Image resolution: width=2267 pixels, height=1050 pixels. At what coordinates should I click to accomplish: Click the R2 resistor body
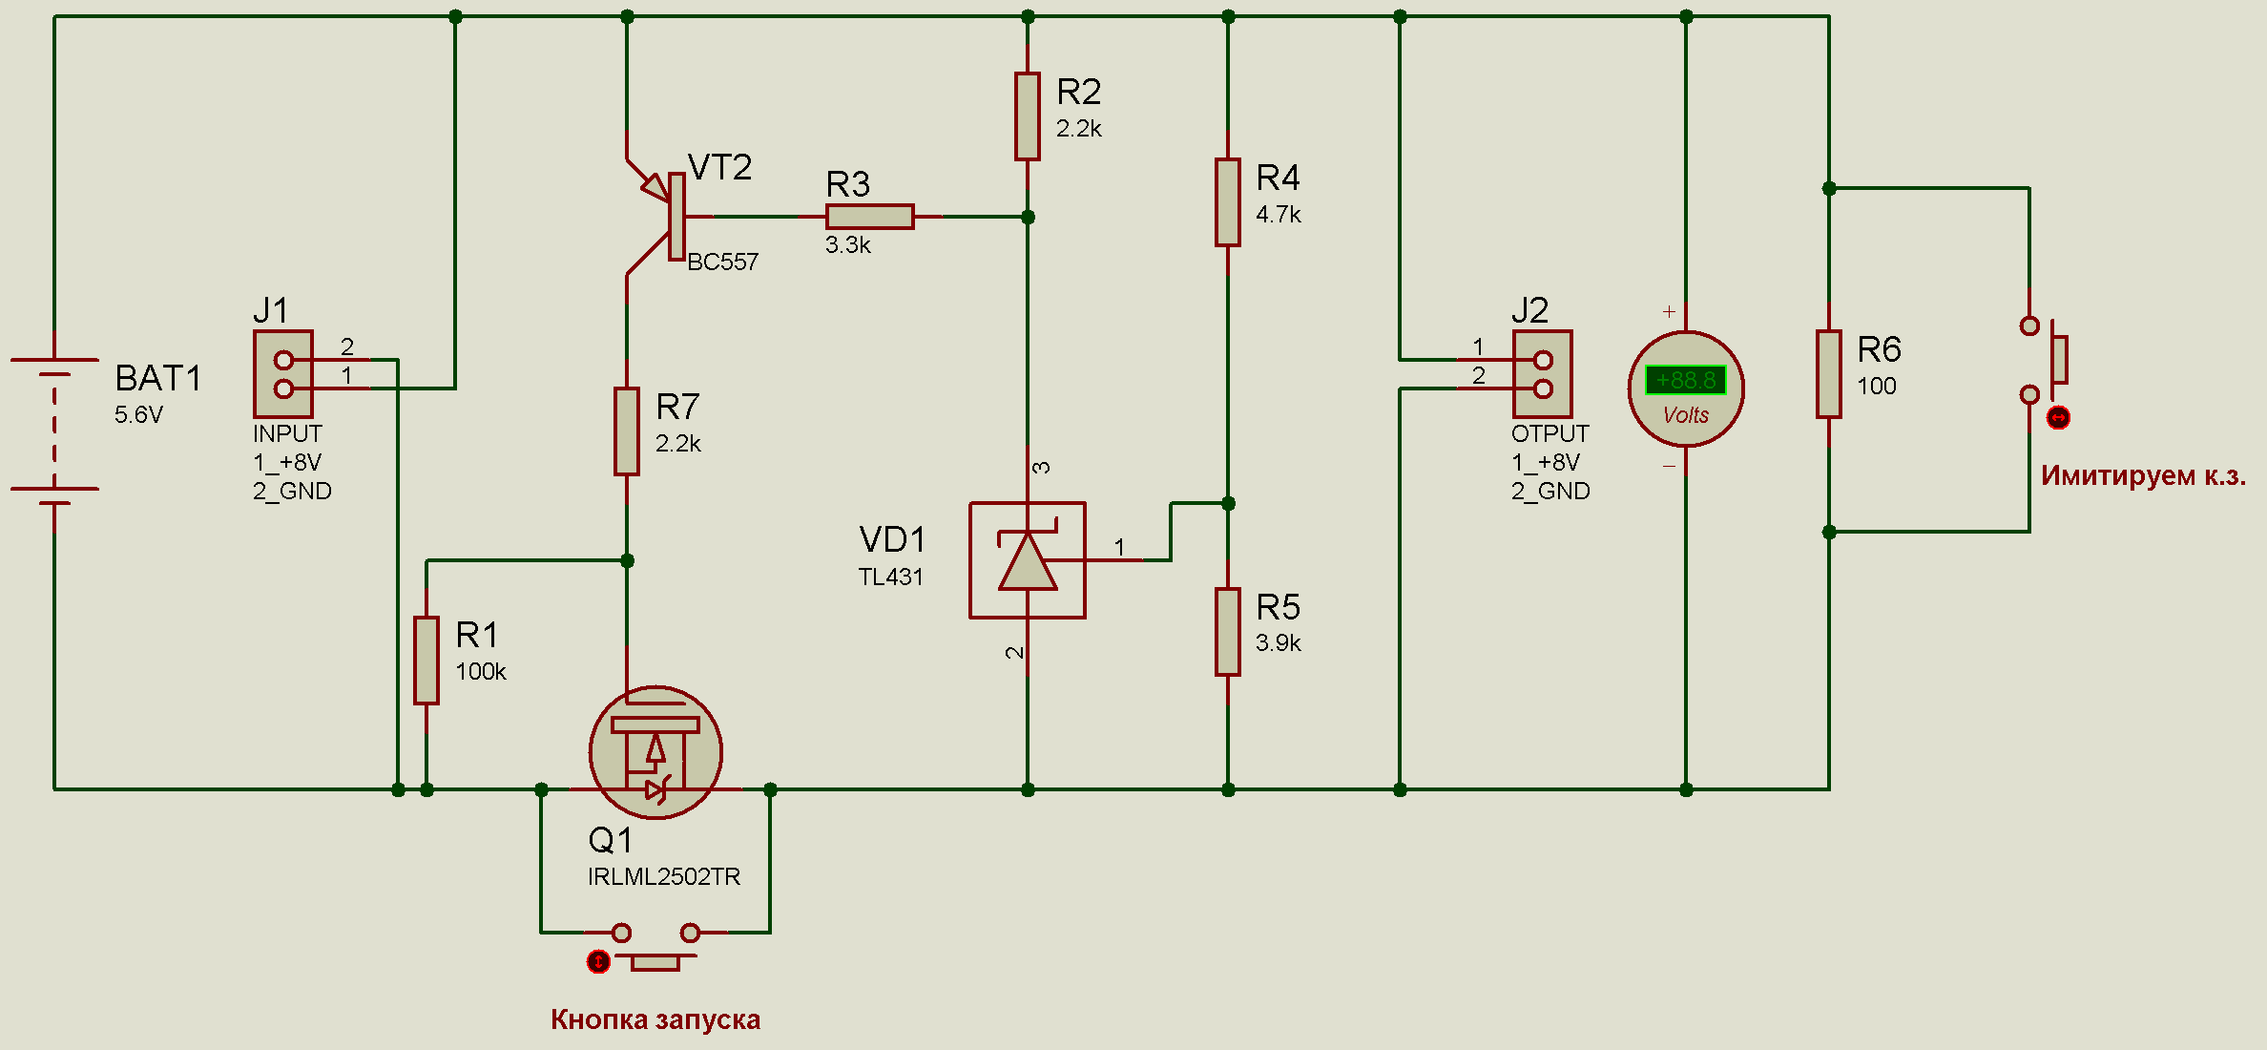(x=1027, y=115)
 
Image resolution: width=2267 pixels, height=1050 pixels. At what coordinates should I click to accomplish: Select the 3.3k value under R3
(x=847, y=245)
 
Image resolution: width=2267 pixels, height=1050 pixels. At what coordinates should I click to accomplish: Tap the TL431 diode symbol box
(x=1027, y=560)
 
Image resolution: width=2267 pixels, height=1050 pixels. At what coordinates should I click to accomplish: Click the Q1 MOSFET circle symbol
(x=655, y=751)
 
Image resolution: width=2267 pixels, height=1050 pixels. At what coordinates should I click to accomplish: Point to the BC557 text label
(x=722, y=262)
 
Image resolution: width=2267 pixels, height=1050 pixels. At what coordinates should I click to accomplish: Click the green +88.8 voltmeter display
(x=1685, y=380)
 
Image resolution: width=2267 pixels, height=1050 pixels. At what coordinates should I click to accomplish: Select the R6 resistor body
(x=1828, y=373)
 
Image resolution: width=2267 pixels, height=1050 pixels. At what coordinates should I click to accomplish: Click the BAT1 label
(x=158, y=378)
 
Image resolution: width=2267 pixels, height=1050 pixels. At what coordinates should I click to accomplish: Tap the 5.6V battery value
(x=138, y=414)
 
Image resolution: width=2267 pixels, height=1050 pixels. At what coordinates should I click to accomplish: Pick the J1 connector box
(x=282, y=373)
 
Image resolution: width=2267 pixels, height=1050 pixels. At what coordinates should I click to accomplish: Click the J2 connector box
(x=1542, y=373)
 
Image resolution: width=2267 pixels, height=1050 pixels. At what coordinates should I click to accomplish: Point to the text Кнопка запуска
(x=655, y=1019)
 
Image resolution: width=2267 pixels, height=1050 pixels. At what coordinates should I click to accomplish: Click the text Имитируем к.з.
(x=2143, y=475)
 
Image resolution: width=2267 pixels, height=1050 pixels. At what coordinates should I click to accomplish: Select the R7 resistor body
(x=626, y=430)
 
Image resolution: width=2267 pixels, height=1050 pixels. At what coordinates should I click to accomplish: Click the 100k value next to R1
(x=480, y=672)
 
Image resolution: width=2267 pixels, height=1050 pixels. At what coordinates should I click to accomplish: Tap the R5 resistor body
(x=1227, y=631)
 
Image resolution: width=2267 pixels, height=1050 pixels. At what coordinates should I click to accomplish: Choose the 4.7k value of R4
(x=1278, y=215)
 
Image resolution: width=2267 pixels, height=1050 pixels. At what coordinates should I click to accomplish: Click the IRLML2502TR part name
(x=663, y=876)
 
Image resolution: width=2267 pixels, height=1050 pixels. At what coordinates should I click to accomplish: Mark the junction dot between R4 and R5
(x=1228, y=503)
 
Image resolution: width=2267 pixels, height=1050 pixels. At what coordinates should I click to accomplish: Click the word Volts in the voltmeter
(x=1685, y=415)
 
